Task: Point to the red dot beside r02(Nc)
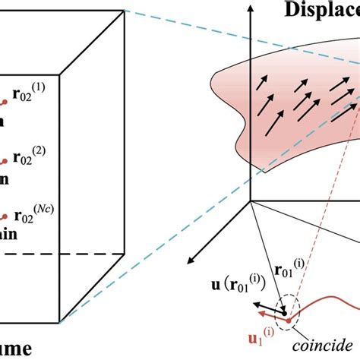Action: pyautogui.click(x=6, y=217)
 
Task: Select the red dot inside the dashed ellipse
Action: pyautogui.click(x=287, y=319)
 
